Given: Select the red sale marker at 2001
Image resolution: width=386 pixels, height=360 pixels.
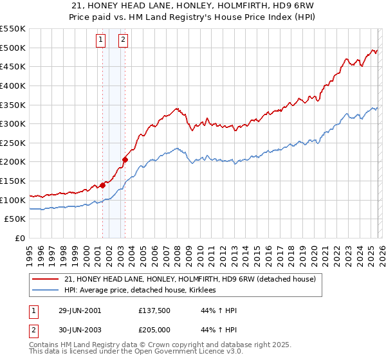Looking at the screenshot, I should [x=103, y=185].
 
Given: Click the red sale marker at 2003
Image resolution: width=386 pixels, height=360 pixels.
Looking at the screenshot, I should [x=125, y=159].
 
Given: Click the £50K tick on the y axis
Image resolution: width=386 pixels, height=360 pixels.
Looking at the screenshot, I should [x=15, y=219].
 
